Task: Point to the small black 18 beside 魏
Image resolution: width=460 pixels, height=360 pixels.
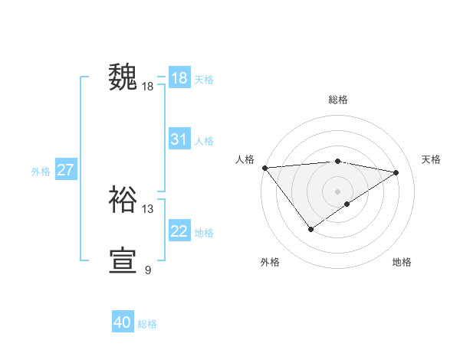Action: coord(148,87)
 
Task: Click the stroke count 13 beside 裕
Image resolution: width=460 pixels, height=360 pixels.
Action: coord(148,208)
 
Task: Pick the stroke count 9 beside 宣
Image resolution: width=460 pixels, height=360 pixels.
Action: coord(148,270)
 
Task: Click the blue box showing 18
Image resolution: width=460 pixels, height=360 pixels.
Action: coord(179,78)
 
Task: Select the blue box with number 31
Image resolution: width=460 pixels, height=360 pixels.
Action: coord(179,139)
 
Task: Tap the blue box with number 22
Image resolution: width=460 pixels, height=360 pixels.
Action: coord(179,231)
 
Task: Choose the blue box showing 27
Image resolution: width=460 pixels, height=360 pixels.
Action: coord(65,170)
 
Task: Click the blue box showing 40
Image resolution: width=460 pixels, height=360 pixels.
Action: coord(123,322)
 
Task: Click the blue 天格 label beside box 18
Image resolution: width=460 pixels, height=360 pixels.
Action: coord(204,79)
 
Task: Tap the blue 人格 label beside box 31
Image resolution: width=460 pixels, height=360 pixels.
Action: coord(204,140)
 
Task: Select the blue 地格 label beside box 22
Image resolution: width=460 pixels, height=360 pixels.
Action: coord(204,232)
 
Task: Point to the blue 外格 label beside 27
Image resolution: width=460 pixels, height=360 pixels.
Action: coord(41,172)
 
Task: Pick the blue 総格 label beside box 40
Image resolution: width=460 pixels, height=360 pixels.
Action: coord(148,324)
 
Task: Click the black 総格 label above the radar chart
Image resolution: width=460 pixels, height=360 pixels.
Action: coord(337,100)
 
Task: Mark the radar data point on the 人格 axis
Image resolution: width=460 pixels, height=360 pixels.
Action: coord(264,168)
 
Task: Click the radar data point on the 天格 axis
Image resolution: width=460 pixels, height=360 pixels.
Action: coord(396,172)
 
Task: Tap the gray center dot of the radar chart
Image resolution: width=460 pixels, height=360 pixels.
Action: coord(337,191)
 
